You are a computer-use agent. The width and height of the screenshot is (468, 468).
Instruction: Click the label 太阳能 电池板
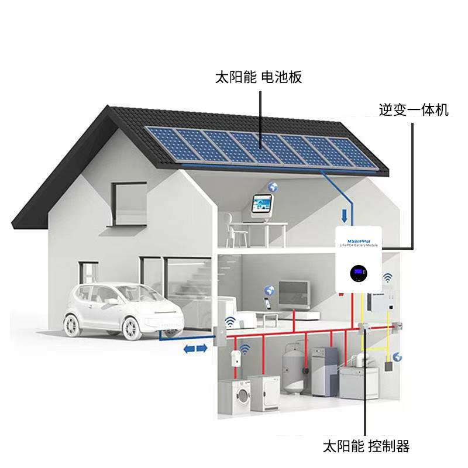(259, 77)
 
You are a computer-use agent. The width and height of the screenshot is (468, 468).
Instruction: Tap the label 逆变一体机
(414, 109)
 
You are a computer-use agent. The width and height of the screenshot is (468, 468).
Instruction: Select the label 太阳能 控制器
(366, 447)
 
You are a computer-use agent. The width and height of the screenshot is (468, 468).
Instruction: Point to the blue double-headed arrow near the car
(196, 348)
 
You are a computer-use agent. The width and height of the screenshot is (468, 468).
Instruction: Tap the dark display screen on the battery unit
(359, 273)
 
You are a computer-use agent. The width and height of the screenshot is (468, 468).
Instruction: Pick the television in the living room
(293, 292)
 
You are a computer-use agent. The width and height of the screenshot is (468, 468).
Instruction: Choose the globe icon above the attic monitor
(272, 187)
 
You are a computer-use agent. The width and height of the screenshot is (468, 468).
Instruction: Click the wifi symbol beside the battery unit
(388, 277)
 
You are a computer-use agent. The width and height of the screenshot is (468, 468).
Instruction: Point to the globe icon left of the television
(270, 290)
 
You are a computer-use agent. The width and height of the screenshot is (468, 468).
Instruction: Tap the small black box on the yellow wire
(388, 366)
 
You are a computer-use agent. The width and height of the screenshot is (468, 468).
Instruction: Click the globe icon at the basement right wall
(398, 357)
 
